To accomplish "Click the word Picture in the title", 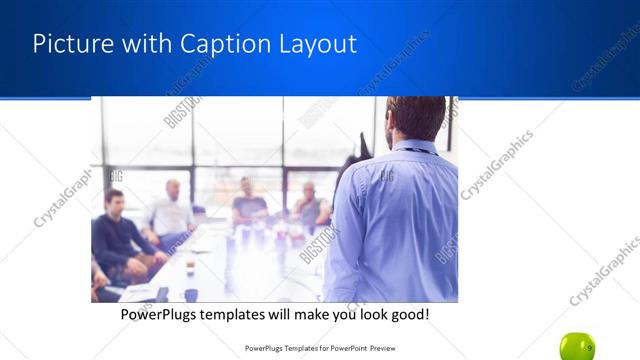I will pos(67,44).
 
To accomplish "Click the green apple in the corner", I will pos(577,346).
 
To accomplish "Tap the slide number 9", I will pos(590,348).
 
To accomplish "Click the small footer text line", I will pos(320,349).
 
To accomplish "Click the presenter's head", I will pos(416,116).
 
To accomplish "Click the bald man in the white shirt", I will pos(172,211).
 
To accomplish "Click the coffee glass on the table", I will pos(190,267).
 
